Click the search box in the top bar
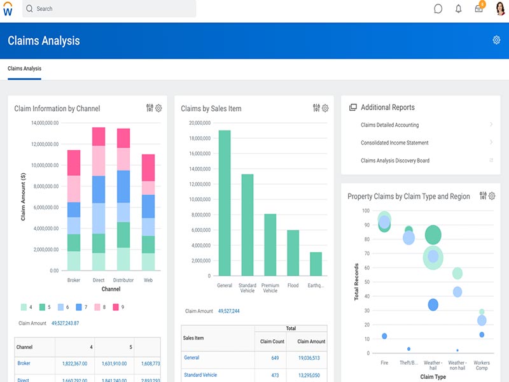click(x=108, y=9)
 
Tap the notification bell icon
click(x=458, y=9)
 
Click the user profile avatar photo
click(x=499, y=9)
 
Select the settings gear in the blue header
click(x=496, y=40)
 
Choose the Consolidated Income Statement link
click(x=394, y=143)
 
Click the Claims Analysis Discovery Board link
click(x=394, y=160)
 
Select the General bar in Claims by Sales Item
click(x=225, y=203)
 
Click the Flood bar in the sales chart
click(x=293, y=253)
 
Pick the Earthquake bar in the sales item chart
click(x=316, y=264)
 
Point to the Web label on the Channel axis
click(x=148, y=280)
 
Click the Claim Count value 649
click(x=275, y=358)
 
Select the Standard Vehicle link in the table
click(x=200, y=375)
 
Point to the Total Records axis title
click(x=356, y=281)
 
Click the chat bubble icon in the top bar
click(x=438, y=9)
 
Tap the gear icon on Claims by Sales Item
click(x=325, y=108)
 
